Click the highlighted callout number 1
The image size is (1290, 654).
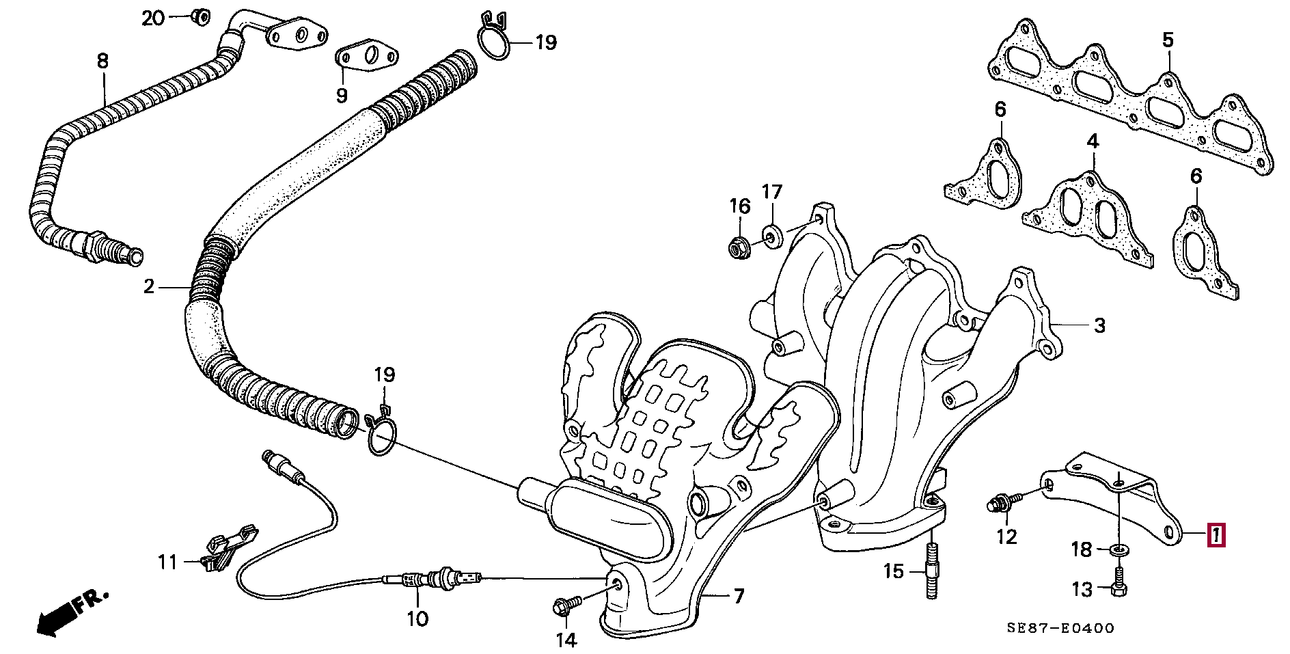[1216, 535]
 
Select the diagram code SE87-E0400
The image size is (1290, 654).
[1060, 628]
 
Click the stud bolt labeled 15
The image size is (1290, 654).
[932, 571]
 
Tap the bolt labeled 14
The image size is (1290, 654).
[566, 605]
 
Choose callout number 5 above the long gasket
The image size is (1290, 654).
[1168, 40]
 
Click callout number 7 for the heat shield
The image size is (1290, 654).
[739, 597]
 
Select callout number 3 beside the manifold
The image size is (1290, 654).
[1099, 325]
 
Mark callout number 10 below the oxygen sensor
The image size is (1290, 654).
[417, 619]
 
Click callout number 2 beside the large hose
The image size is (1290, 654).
[149, 287]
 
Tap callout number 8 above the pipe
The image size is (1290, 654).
[102, 61]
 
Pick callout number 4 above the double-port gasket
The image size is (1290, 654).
[1093, 141]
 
